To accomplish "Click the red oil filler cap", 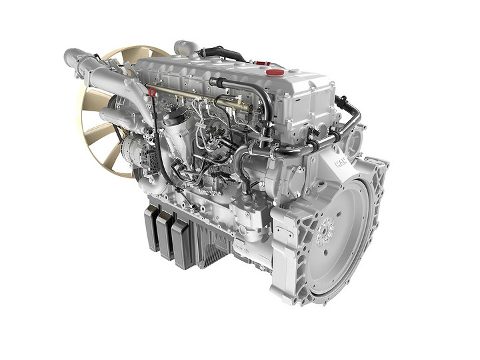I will [x=275, y=71].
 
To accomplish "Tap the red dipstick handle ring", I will [x=153, y=91].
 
